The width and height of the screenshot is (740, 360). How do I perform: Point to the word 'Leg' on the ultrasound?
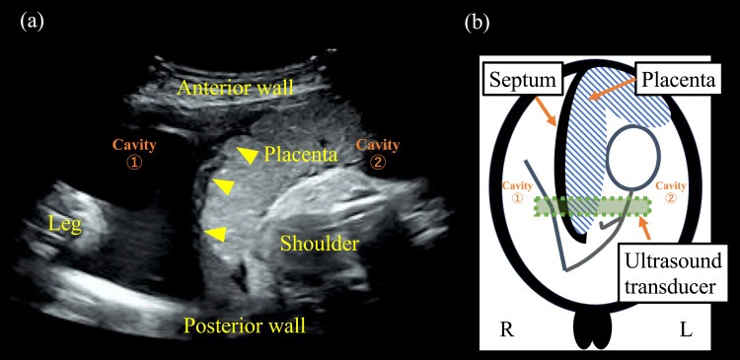pos(65,225)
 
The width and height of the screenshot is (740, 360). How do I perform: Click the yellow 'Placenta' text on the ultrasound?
pos(303,155)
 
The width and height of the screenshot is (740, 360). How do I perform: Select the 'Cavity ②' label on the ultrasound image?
pos(378,153)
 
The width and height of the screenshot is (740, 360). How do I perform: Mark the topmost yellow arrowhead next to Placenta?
pos(248,154)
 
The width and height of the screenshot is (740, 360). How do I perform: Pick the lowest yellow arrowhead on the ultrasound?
pos(215,233)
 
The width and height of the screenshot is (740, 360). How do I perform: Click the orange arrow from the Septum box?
pos(550,110)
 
